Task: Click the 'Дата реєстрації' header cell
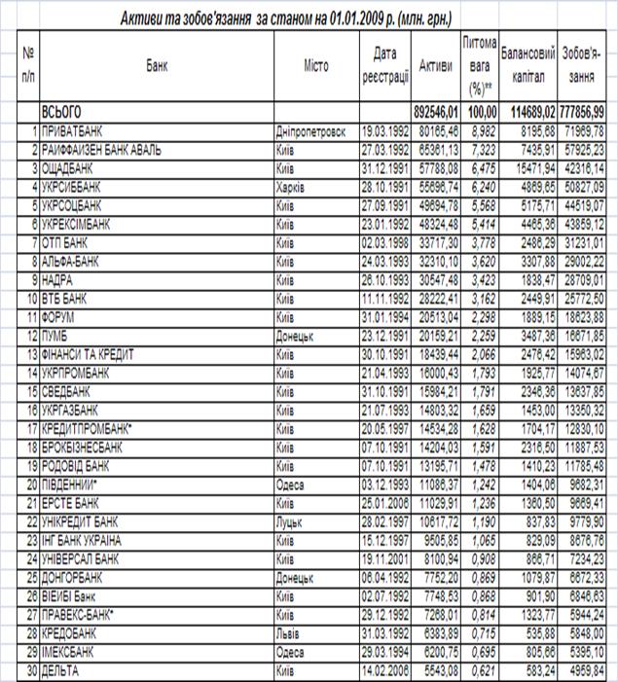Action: coord(382,66)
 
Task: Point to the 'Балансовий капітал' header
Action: coord(527,66)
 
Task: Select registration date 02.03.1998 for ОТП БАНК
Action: coord(383,238)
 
